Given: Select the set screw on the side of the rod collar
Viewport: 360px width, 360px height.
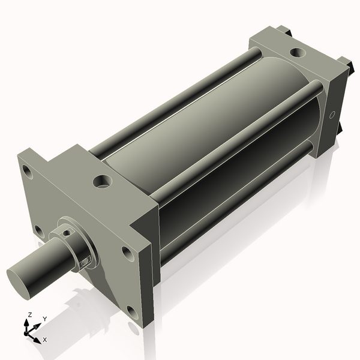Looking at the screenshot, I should click(86, 260).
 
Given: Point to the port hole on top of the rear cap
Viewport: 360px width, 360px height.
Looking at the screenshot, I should click(297, 53).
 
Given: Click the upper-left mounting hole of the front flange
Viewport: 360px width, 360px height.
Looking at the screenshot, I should click(26, 170).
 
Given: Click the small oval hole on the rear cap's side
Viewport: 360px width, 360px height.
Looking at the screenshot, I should click(331, 115).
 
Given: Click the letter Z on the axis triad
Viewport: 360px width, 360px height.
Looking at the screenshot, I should click(30, 315).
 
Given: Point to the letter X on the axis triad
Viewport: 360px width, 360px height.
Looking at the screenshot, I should click(44, 340).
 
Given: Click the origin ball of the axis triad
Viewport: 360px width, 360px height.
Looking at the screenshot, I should click(28, 331).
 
